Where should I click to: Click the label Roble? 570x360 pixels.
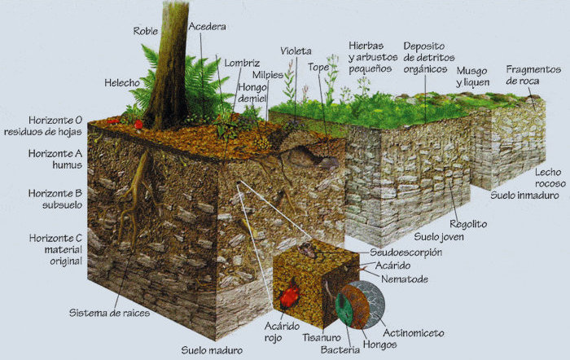pos(146,31)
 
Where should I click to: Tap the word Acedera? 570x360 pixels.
pos(207,27)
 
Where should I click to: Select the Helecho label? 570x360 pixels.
pos(122,83)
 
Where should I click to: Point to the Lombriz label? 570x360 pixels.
pos(242,63)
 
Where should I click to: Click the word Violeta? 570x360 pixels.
pos(296,51)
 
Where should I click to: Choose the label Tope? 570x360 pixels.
pos(318,68)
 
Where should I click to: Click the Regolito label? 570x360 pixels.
pos(468,224)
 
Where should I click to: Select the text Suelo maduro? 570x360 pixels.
pos(212,350)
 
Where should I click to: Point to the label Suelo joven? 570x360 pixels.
pos(439,237)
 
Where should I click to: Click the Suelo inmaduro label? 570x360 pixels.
pos(524,195)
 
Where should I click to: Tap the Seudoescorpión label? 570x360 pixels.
pos(406,252)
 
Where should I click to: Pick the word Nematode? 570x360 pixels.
pos(405,279)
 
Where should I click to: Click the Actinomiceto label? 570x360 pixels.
pos(414,333)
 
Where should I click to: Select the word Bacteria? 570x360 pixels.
pos(340,349)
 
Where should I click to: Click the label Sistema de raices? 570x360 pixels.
pos(109,313)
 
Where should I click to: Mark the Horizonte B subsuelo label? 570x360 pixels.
pos(55,199)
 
